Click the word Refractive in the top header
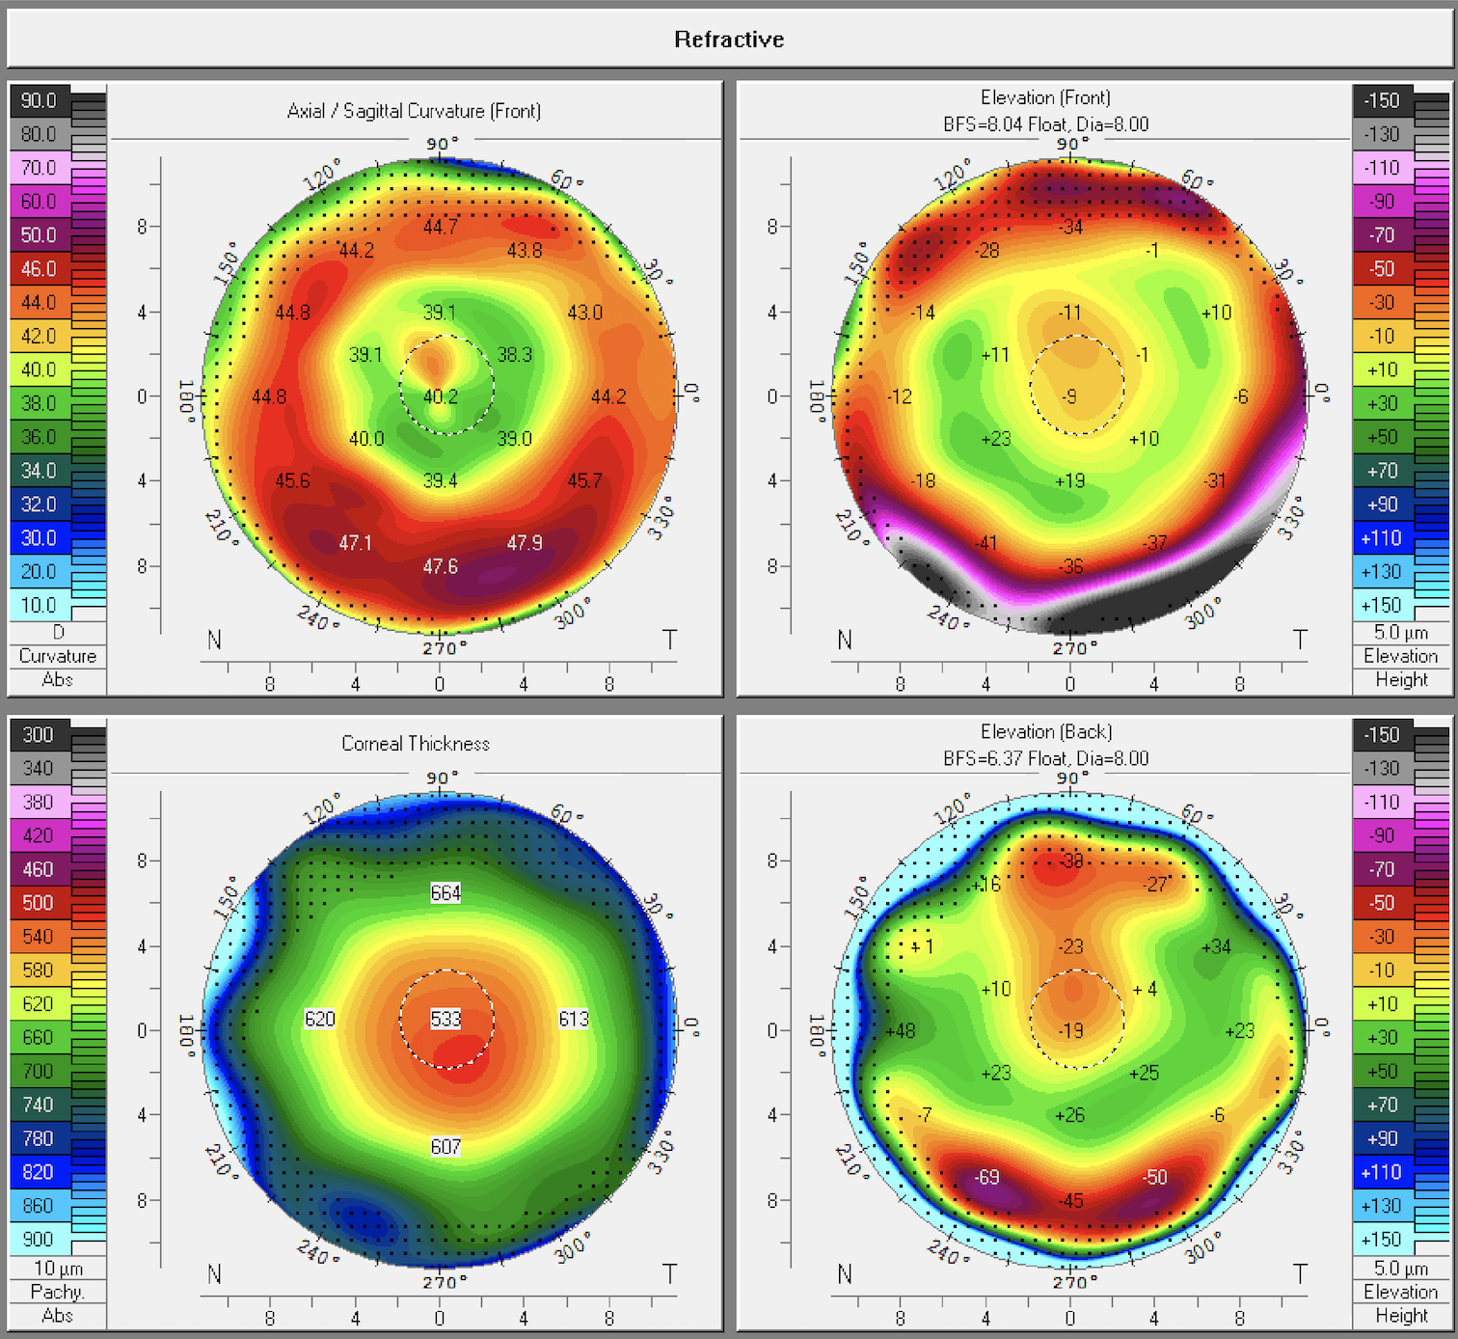tap(729, 40)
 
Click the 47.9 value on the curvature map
tap(525, 543)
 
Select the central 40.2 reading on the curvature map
tap(441, 396)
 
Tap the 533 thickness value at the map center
tap(445, 1019)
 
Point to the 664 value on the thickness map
tap(445, 893)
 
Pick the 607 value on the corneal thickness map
tap(445, 1147)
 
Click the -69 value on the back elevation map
tap(986, 1177)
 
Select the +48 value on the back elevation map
tap(900, 1030)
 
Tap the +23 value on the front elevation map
tap(995, 439)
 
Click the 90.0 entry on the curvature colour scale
tap(39, 100)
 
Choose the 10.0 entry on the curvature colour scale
tap(39, 606)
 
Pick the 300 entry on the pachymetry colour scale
tap(39, 735)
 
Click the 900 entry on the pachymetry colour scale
tap(39, 1240)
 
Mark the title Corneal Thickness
tap(416, 744)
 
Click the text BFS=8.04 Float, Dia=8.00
tap(1045, 124)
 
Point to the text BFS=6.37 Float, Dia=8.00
tap(1045, 758)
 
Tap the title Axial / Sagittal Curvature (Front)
tap(414, 111)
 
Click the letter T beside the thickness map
tap(669, 1274)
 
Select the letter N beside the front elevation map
tap(845, 640)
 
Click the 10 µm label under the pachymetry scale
tap(58, 1269)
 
